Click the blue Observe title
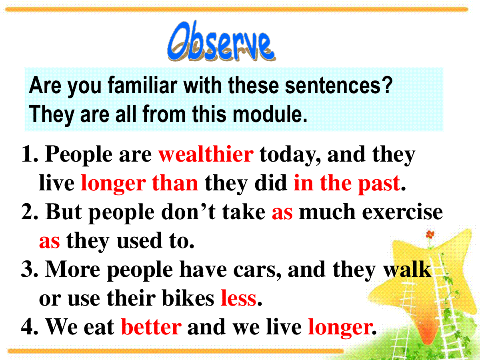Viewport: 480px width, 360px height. coord(221,42)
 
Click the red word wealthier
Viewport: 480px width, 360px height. coord(206,154)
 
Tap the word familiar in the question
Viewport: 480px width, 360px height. coord(142,86)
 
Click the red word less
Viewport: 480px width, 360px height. coord(238,298)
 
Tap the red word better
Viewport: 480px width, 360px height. coord(151,327)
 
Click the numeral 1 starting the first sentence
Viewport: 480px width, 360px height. coord(28,155)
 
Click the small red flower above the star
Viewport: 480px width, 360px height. coord(430,234)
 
